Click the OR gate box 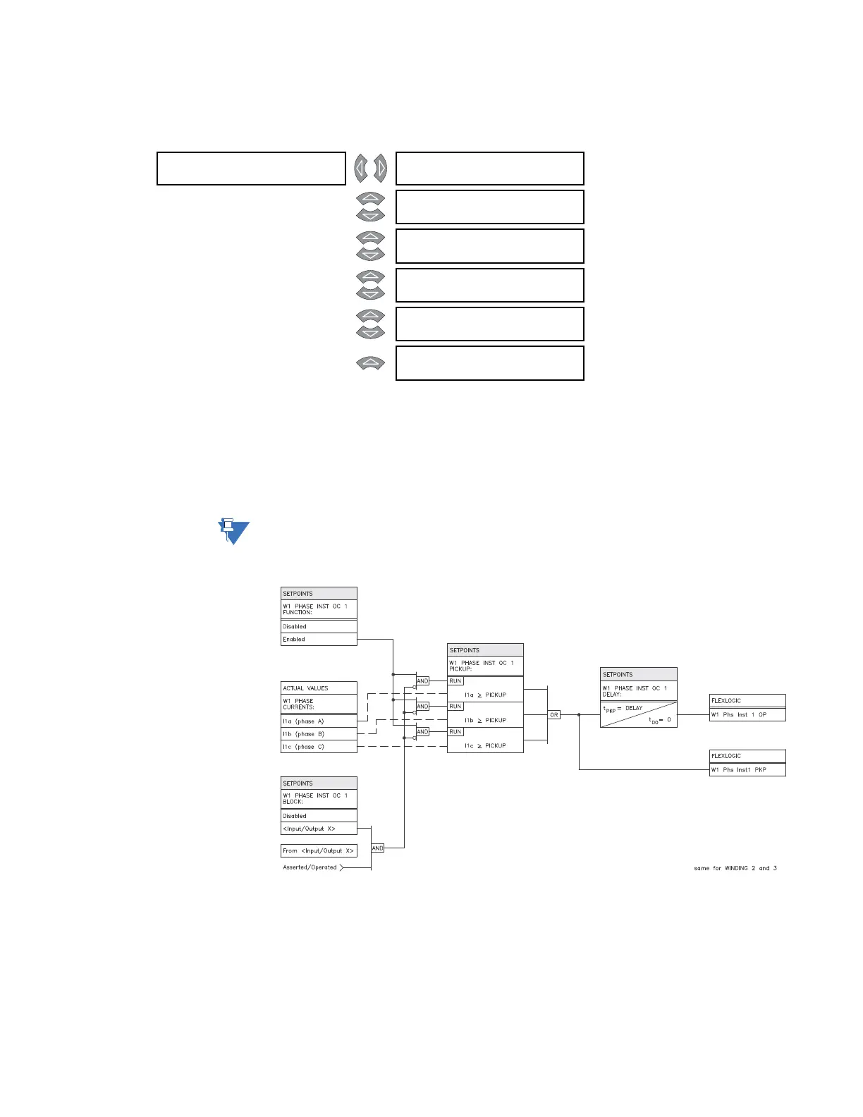pyautogui.click(x=554, y=715)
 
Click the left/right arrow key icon pyautogui.click(x=371, y=169)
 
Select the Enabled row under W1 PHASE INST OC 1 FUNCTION pyautogui.click(x=319, y=640)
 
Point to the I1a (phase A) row pyautogui.click(x=319, y=721)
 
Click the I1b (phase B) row pyautogui.click(x=319, y=734)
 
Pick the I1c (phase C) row pyautogui.click(x=319, y=747)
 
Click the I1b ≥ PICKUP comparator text pyautogui.click(x=485, y=721)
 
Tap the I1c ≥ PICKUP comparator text pyautogui.click(x=485, y=746)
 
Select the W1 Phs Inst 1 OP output pyautogui.click(x=747, y=715)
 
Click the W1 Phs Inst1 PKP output pyautogui.click(x=747, y=770)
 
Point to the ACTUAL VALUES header pyautogui.click(x=319, y=688)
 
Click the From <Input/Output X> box pyautogui.click(x=319, y=851)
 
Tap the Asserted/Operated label pyautogui.click(x=310, y=868)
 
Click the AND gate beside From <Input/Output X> pyautogui.click(x=378, y=848)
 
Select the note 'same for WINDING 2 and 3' pyautogui.click(x=735, y=869)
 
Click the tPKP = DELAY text pyautogui.click(x=623, y=708)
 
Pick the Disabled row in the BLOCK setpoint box pyautogui.click(x=319, y=816)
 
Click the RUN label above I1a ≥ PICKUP pyautogui.click(x=455, y=681)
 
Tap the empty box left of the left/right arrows pyautogui.click(x=251, y=169)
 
